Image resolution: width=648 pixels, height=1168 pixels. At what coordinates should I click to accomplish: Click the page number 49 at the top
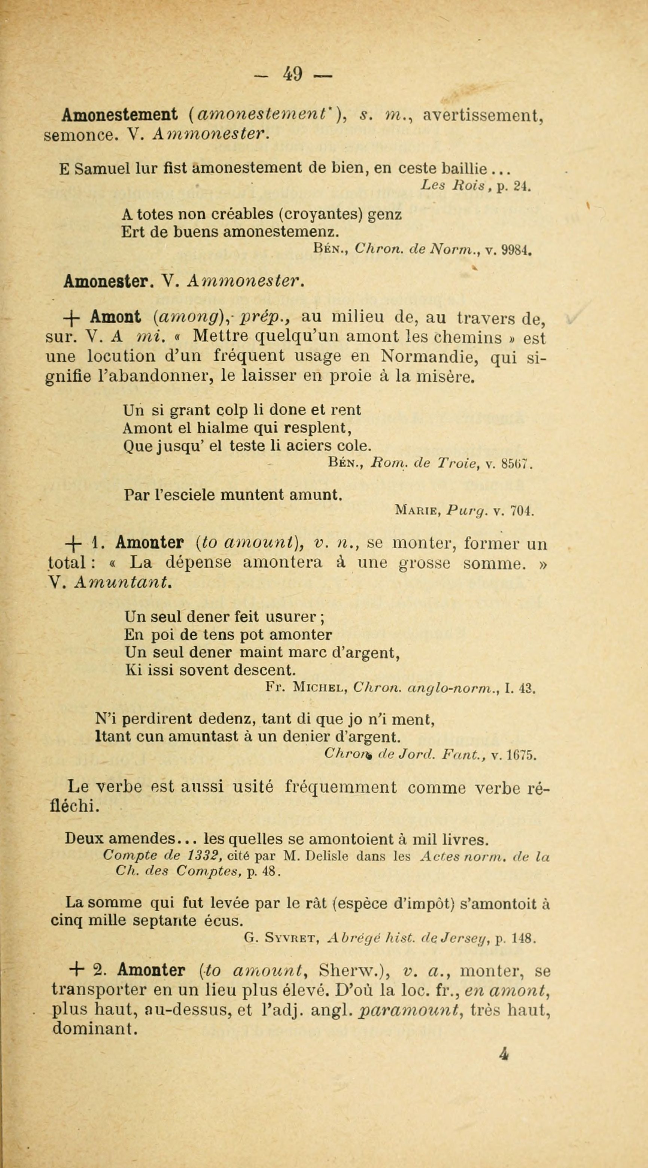[x=293, y=73]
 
